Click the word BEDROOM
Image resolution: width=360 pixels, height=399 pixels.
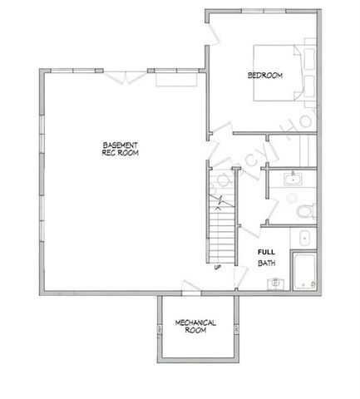265,76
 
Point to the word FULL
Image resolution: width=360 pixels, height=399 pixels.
266,252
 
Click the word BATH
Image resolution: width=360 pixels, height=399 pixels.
266,264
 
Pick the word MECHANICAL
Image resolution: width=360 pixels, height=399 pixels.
196,322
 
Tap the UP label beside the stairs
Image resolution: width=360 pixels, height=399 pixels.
217,268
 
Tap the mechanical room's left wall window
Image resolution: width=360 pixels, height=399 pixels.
158,332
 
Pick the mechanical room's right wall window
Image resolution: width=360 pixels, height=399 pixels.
236,332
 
